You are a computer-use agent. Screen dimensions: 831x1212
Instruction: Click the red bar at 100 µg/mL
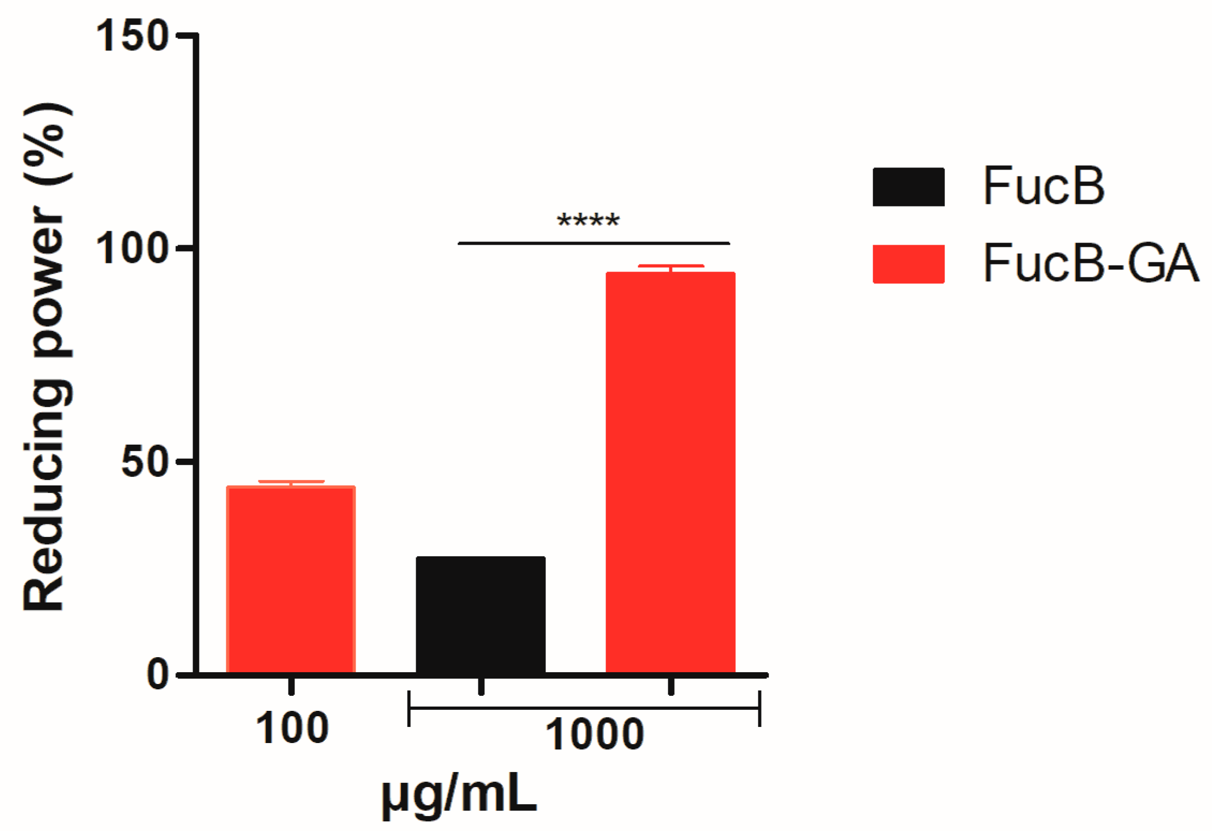291,579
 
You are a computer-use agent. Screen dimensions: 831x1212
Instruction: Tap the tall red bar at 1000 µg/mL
670,472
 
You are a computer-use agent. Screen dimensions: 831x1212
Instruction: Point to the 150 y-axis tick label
132,36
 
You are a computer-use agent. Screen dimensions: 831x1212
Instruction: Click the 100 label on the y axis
132,248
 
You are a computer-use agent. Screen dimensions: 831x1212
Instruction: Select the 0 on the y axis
158,674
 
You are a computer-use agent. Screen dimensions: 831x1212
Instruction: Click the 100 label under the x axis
292,728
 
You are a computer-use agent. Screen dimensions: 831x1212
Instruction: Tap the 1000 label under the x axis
594,734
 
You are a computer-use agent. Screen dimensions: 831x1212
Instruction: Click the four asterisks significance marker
588,220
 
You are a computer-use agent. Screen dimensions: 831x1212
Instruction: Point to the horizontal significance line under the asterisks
593,243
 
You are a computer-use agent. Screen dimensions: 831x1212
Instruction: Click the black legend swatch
908,187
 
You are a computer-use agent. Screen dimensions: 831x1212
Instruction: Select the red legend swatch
908,264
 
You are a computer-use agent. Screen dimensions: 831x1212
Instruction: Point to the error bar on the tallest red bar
670,268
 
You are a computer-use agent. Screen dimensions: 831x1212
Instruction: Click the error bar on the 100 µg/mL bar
291,483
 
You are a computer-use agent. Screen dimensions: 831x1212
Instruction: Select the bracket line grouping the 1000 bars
584,708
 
